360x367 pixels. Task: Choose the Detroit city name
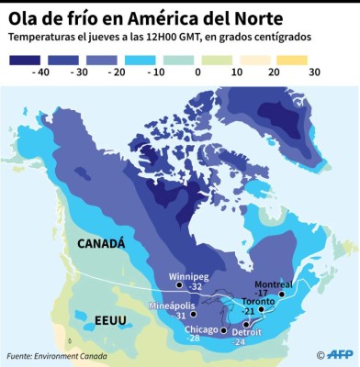click(246, 330)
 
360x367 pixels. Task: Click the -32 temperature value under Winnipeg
click(195, 287)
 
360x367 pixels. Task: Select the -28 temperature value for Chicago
click(193, 339)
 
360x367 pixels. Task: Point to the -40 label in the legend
click(40, 71)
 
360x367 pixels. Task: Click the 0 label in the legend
click(197, 71)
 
